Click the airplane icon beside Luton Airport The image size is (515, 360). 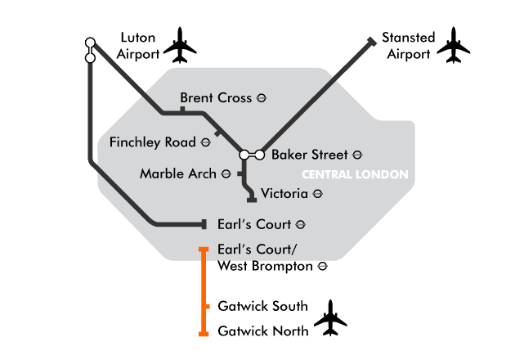[180, 45]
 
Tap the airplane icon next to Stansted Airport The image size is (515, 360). [454, 45]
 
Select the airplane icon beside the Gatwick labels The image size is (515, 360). [330, 318]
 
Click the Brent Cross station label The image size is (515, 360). [216, 97]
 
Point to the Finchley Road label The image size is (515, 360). [153, 142]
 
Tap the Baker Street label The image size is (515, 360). [309, 155]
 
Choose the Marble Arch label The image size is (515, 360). [178, 173]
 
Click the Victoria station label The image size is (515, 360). [284, 193]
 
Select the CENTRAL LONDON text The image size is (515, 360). [355, 174]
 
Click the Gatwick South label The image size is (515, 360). [262, 306]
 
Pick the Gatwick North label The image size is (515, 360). [263, 331]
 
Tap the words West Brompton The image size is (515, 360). [265, 266]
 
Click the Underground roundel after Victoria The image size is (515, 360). [318, 194]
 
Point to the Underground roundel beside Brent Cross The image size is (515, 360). [262, 98]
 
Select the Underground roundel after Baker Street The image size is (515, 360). [357, 155]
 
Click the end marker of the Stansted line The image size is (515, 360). [372, 42]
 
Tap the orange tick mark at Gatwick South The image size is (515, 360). [206, 307]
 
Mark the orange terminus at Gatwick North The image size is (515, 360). [204, 334]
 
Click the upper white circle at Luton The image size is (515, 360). [90, 43]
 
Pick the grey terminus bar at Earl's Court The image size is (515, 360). [204, 224]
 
